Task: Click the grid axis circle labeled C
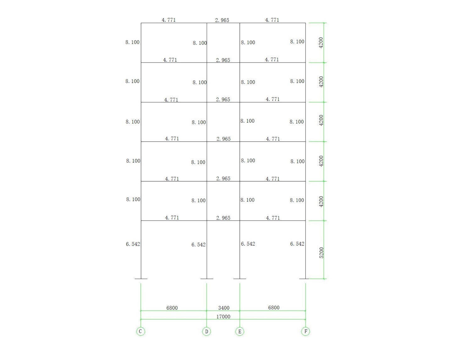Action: pos(141,331)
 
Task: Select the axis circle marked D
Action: pos(207,331)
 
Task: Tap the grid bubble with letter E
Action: pos(240,331)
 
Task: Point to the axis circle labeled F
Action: pos(306,331)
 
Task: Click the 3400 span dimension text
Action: pos(224,308)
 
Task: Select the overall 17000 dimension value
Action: pos(223,317)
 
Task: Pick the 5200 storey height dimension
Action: pos(321,253)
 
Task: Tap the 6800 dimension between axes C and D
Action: pos(172,308)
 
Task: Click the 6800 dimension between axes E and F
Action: pos(274,307)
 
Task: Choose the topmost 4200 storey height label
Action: pos(321,43)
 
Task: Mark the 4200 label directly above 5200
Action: pos(321,202)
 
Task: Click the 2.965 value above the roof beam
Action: pos(222,20)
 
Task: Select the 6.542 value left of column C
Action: pos(133,244)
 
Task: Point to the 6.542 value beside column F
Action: pos(297,244)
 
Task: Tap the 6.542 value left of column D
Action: pos(198,244)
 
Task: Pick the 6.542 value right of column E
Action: pos(248,244)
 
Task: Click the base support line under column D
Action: pos(207,279)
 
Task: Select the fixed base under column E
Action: pos(240,279)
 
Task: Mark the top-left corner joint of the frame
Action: pos(141,23)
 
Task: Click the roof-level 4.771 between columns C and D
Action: pos(169,20)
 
